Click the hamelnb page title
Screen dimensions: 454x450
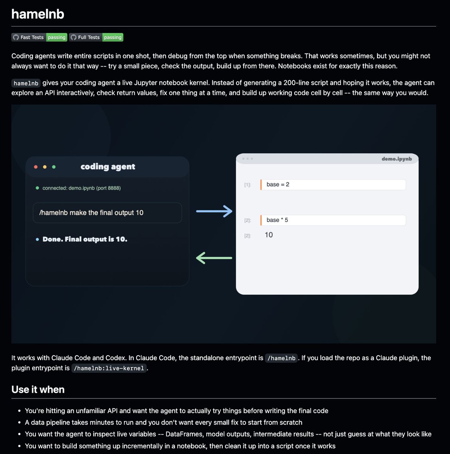(38, 14)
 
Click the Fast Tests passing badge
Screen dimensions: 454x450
(39, 37)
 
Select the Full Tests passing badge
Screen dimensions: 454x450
(96, 37)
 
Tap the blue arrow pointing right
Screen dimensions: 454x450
(214, 211)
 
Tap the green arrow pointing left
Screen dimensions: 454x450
(214, 258)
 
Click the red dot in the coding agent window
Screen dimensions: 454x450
(36, 167)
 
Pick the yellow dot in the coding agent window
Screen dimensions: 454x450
(45, 167)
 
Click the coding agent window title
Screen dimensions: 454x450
(108, 166)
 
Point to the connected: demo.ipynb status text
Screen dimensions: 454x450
(81, 188)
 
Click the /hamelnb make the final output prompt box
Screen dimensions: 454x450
(107, 213)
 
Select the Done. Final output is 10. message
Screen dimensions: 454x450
(85, 239)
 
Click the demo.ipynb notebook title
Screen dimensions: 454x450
(396, 159)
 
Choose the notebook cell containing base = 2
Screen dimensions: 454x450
(333, 185)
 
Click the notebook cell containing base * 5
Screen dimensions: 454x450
(333, 220)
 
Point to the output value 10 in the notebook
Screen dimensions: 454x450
(269, 235)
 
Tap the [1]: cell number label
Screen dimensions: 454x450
(248, 185)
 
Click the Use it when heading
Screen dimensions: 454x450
(38, 390)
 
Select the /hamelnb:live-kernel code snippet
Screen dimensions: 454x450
(109, 368)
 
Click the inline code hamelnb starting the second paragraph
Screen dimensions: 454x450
(26, 83)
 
